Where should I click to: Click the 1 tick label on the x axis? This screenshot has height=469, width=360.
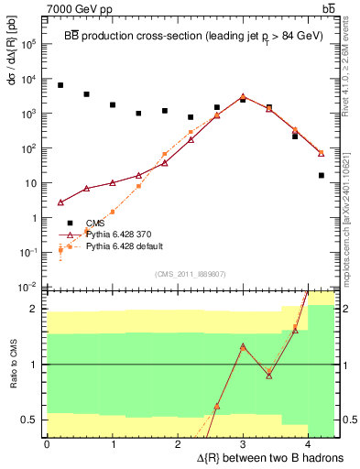[113, 444]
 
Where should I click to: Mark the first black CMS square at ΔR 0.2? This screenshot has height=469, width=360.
[60, 85]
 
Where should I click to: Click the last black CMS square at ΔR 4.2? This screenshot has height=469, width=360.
[322, 175]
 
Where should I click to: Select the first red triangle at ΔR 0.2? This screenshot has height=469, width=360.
[60, 202]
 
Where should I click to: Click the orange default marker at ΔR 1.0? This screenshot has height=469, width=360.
[113, 212]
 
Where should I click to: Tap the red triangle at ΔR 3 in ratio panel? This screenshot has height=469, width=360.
[243, 346]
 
